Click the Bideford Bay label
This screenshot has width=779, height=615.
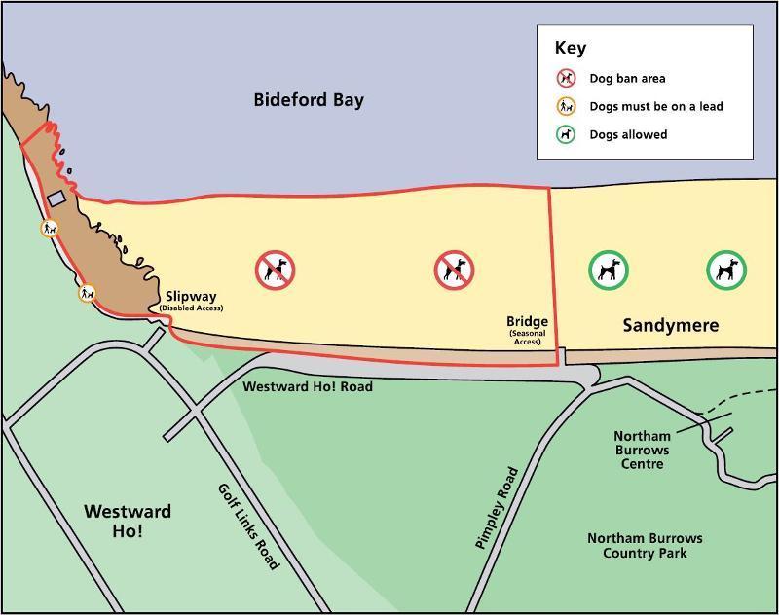309,100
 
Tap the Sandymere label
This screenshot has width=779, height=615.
670,325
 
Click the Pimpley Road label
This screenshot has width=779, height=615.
496,508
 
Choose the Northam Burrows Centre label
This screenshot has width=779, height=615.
642,450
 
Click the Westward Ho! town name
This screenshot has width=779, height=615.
128,521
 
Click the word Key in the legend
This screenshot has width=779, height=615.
570,48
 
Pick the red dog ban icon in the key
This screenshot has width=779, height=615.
566,79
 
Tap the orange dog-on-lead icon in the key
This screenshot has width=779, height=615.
566,106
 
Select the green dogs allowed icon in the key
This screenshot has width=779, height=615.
566,134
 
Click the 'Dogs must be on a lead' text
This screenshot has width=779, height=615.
655,106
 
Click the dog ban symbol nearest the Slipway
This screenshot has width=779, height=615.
276,270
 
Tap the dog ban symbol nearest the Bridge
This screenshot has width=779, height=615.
454,270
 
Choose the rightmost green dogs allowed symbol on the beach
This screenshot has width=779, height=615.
726,270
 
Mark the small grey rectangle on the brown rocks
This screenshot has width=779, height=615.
56,198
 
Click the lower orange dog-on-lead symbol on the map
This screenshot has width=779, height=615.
88,292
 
